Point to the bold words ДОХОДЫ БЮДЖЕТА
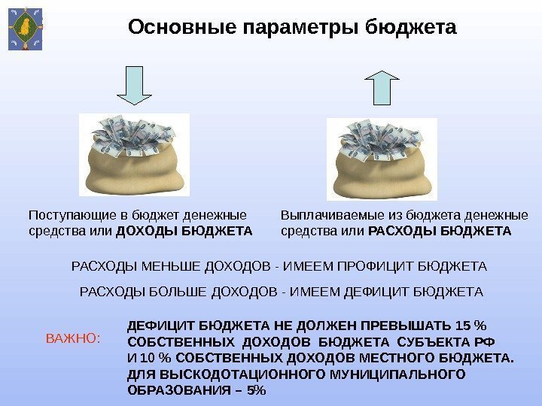pyautogui.click(x=184, y=229)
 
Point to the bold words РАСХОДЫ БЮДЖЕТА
pyautogui.click(x=441, y=229)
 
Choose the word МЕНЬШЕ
pyautogui.click(x=158, y=267)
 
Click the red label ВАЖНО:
pyautogui.click(x=73, y=339)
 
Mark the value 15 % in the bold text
pyautogui.click(x=471, y=326)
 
